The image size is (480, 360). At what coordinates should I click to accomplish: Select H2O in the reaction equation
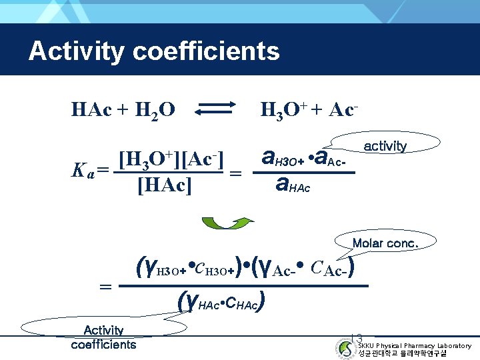tap(154, 109)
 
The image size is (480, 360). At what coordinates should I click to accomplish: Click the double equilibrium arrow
tap(215, 108)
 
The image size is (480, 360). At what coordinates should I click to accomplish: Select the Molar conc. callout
tap(385, 243)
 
